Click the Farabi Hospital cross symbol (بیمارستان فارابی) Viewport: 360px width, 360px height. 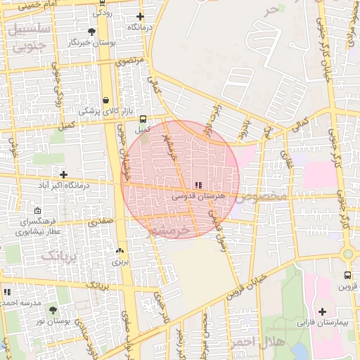point(323,311)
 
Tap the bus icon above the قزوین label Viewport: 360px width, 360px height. point(347,276)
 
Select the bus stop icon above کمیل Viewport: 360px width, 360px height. point(143,119)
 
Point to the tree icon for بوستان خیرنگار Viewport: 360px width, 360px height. point(91,32)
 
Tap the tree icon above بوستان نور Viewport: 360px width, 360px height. point(53,309)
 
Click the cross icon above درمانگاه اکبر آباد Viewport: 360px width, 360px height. point(64,174)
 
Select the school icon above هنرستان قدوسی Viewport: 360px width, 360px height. point(198,185)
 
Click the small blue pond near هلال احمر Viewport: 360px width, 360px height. point(300,351)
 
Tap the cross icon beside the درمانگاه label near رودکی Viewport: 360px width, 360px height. point(140,16)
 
